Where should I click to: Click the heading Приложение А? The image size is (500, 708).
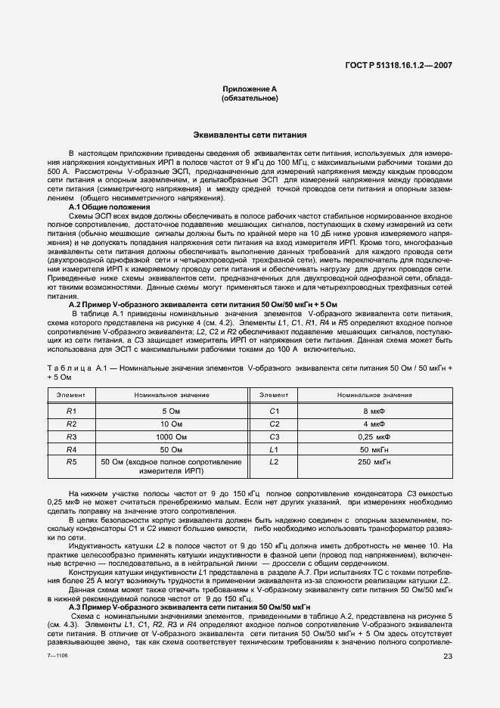pos(249,89)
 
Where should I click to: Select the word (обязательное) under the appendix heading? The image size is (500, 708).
pos(249,98)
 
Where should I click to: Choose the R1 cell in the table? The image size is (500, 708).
pos(72,410)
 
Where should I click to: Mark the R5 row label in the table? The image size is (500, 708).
pos(72,461)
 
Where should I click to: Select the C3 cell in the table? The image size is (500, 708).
pos(275,436)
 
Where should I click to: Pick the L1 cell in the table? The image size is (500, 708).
pos(275,449)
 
